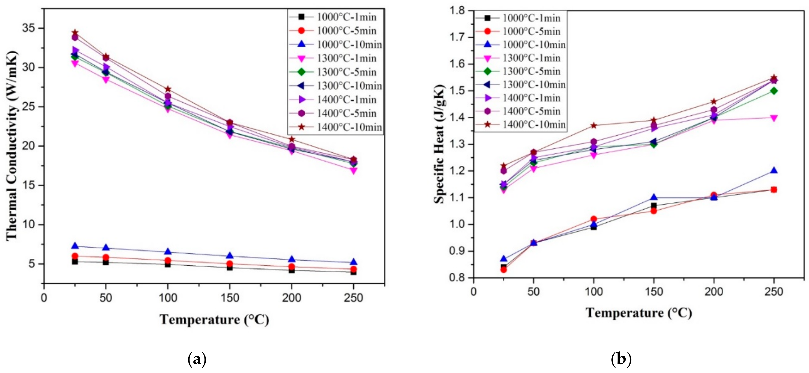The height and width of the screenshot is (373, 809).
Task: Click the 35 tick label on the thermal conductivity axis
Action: [x=29, y=28]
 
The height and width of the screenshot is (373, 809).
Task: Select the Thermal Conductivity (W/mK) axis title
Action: [x=12, y=146]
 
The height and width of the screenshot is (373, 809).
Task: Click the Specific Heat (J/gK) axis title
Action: [x=440, y=144]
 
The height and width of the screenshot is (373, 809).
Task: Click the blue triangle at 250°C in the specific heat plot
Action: [x=774, y=171]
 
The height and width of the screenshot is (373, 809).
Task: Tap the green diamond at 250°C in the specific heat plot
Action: [x=774, y=91]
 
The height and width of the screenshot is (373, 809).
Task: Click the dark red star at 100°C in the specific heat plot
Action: [x=594, y=126]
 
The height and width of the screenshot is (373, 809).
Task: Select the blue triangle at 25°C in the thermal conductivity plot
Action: [x=75, y=245]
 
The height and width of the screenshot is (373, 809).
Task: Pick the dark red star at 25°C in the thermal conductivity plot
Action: [x=75, y=33]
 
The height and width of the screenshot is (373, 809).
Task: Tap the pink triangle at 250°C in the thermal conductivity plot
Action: [x=353, y=171]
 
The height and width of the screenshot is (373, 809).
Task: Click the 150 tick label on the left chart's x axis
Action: [x=230, y=298]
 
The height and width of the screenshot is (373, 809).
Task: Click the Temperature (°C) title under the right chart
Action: [x=639, y=313]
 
